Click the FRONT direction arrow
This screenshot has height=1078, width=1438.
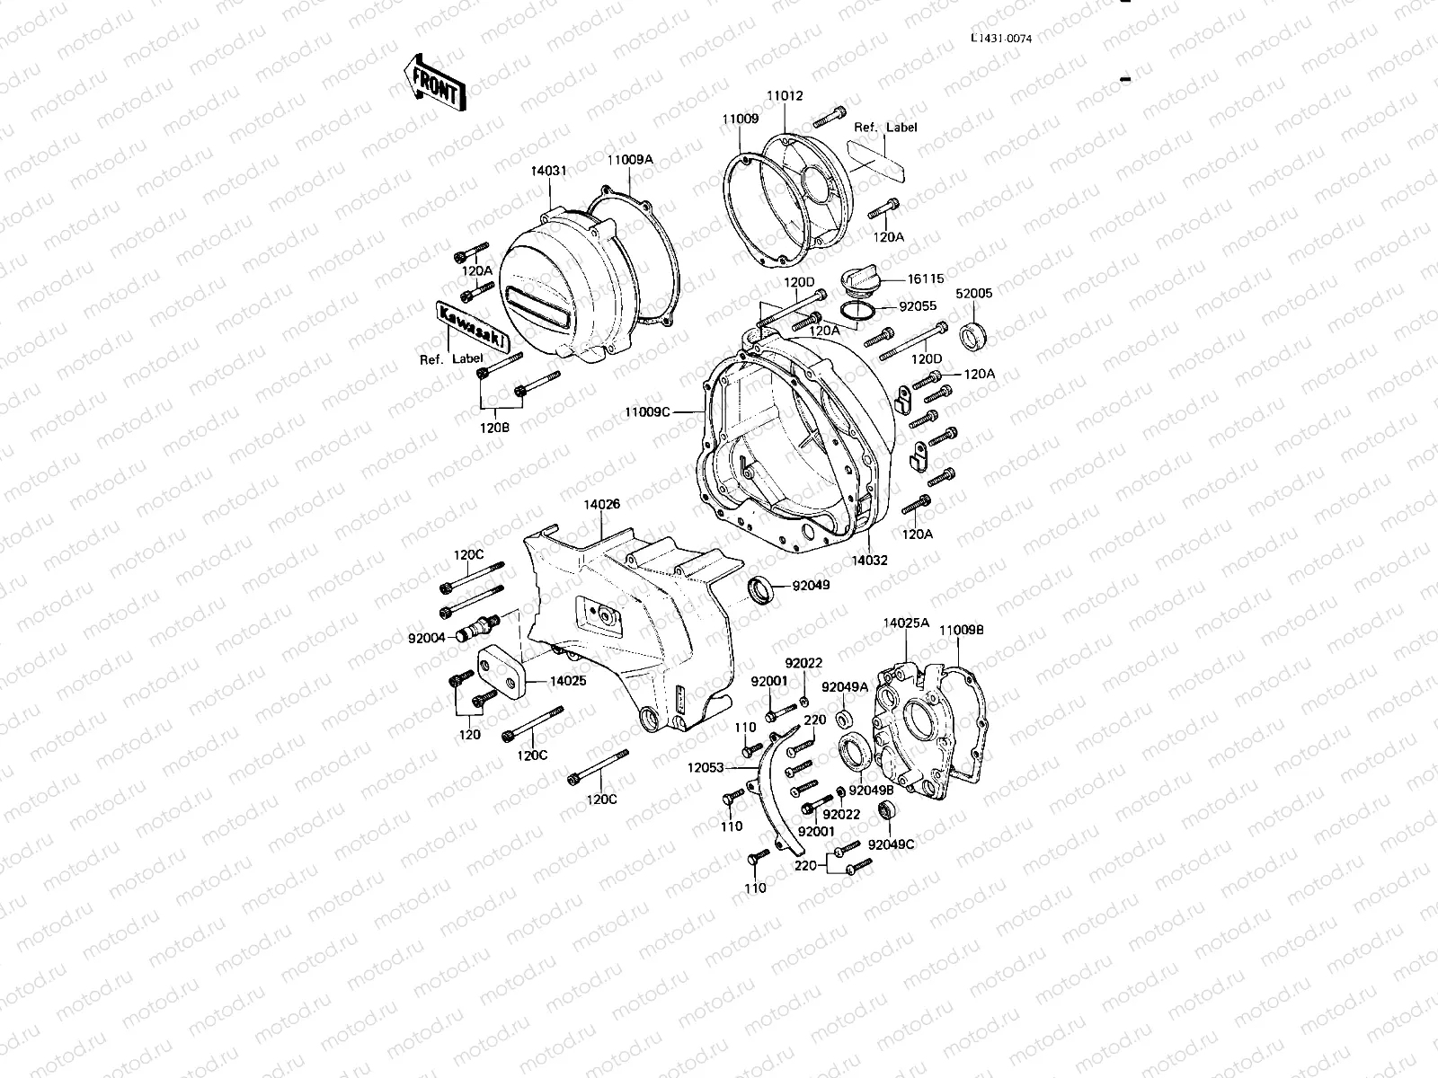coord(435,84)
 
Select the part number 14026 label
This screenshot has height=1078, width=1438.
coord(601,505)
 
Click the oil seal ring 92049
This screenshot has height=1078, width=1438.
coord(761,589)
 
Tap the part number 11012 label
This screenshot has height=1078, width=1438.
coord(785,96)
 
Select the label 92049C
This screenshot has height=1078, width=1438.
coord(893,844)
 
